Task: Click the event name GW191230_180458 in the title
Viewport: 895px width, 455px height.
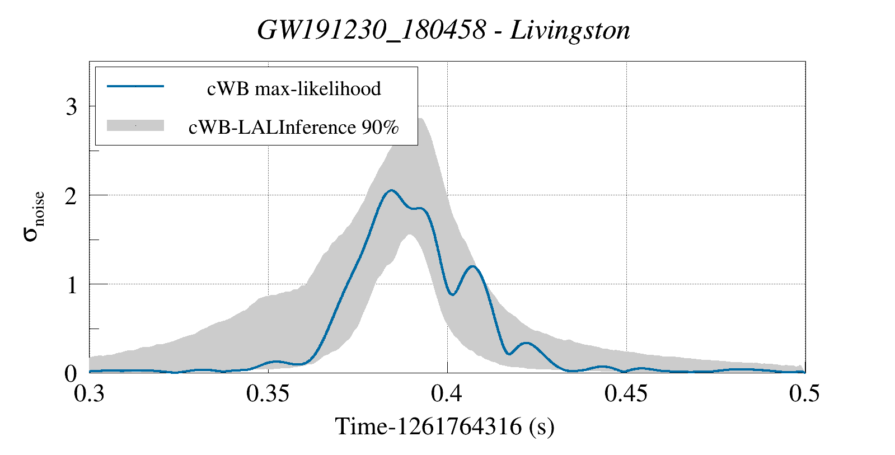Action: coord(372,30)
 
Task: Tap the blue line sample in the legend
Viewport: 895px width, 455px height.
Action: coord(135,86)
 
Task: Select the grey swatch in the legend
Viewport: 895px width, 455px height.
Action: coord(135,125)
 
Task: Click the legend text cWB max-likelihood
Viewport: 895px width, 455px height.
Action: coord(294,88)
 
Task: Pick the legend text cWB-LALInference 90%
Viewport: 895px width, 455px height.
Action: coord(294,127)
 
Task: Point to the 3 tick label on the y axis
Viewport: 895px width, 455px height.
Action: coord(71,106)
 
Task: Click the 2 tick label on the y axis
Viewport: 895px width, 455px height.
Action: coord(71,195)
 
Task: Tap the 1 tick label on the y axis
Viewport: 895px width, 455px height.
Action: coord(71,285)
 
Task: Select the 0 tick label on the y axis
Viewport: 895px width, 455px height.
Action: coord(71,373)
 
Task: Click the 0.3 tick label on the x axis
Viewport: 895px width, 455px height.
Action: coord(90,393)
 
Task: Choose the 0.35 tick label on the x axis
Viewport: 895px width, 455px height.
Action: coord(268,393)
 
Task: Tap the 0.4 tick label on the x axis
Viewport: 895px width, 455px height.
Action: coord(447,393)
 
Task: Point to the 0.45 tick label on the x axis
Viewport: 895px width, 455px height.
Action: coord(626,393)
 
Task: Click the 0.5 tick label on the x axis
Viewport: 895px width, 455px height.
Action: coord(804,393)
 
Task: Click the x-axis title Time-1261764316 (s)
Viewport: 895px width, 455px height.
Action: coord(444,426)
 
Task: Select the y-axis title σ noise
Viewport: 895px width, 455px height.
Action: coord(34,215)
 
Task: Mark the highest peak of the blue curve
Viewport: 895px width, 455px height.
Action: coord(391,190)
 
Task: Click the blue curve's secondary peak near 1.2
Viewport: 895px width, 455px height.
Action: coord(473,266)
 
